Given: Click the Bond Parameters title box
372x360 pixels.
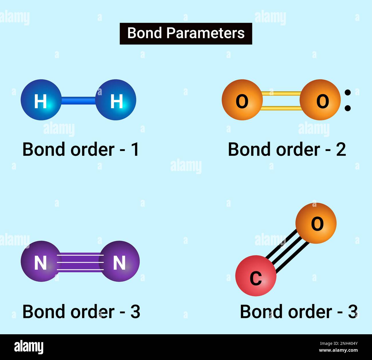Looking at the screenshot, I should (186, 33).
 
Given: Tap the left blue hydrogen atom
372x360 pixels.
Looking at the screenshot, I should (41, 100).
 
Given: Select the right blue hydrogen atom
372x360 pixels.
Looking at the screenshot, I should (116, 100).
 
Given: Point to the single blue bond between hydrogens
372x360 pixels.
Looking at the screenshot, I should (78, 100).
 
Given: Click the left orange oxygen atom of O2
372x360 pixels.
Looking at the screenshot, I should (242, 100).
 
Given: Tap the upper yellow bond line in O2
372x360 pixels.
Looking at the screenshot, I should (281, 93).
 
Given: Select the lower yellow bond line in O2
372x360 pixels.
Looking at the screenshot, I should (281, 108).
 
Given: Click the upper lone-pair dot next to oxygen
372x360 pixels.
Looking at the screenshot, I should (348, 92).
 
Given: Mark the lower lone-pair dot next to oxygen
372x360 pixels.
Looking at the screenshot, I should (348, 108).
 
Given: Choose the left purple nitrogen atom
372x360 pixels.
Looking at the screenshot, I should (40, 261).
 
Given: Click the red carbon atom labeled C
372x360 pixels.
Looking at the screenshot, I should (256, 276).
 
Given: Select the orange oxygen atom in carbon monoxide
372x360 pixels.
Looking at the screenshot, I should (316, 223).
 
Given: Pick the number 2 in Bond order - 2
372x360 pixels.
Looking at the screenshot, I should (341, 149).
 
